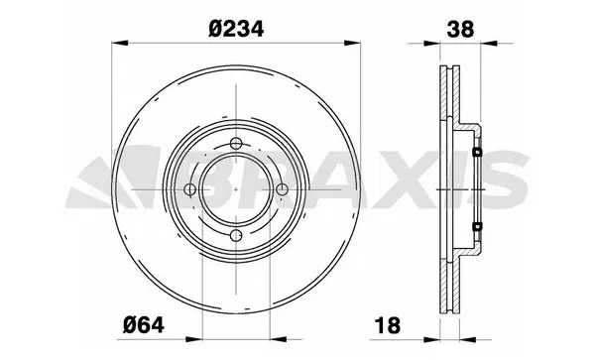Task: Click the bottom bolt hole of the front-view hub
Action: [x=235, y=236]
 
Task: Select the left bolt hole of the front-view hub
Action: [x=190, y=190]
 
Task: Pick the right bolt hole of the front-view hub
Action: [x=281, y=190]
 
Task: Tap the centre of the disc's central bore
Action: [x=235, y=190]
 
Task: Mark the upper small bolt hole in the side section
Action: [x=477, y=153]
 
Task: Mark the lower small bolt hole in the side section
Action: [x=477, y=227]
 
